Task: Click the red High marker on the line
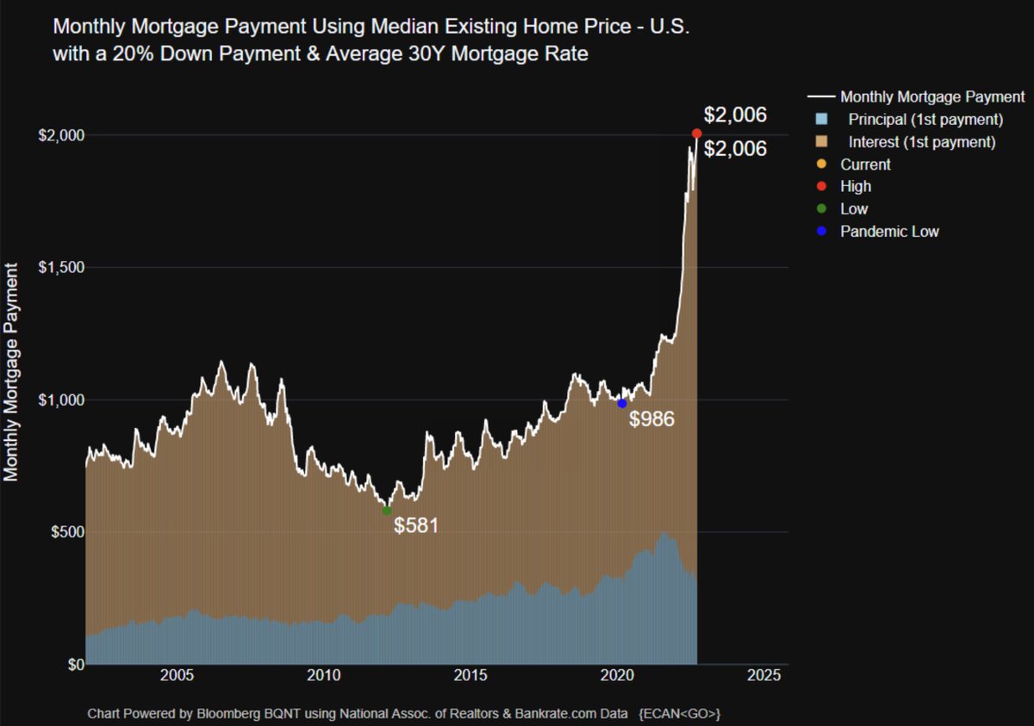pyautogui.click(x=696, y=133)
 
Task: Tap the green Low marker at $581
pyautogui.click(x=387, y=511)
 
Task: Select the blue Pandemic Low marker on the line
pyautogui.click(x=622, y=403)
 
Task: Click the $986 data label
pyautogui.click(x=651, y=419)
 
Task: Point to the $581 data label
pyautogui.click(x=416, y=525)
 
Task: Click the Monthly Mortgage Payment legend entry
pyautogui.click(x=931, y=96)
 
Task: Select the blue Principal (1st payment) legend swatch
pyautogui.click(x=820, y=119)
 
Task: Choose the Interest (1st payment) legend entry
pyautogui.click(x=921, y=141)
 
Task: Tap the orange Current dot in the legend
pyautogui.click(x=820, y=164)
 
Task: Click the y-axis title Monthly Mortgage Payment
pyautogui.click(x=12, y=368)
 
